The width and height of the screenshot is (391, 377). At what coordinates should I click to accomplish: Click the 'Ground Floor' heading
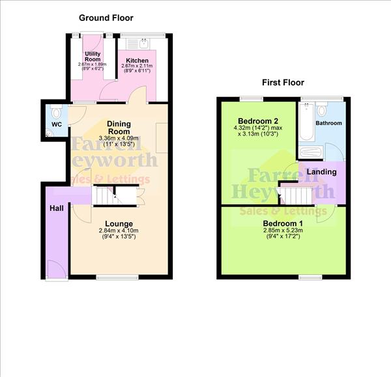pyautogui.click(x=106, y=18)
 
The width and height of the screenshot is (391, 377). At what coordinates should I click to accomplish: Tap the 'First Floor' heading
pyautogui.click(x=283, y=83)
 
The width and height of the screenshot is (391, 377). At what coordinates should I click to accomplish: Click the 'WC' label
pyautogui.click(x=55, y=124)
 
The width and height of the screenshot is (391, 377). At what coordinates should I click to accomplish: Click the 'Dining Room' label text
pyautogui.click(x=119, y=128)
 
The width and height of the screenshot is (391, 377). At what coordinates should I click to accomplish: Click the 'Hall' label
pyautogui.click(x=56, y=208)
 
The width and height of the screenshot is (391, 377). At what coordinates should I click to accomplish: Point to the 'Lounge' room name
pyautogui.click(x=119, y=223)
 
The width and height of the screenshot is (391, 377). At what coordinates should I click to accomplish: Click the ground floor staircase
pyautogui.click(x=104, y=195)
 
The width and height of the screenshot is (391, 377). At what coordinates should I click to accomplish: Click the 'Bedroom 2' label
pyautogui.click(x=258, y=122)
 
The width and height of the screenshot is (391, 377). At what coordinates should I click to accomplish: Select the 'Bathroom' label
pyautogui.click(x=329, y=123)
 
